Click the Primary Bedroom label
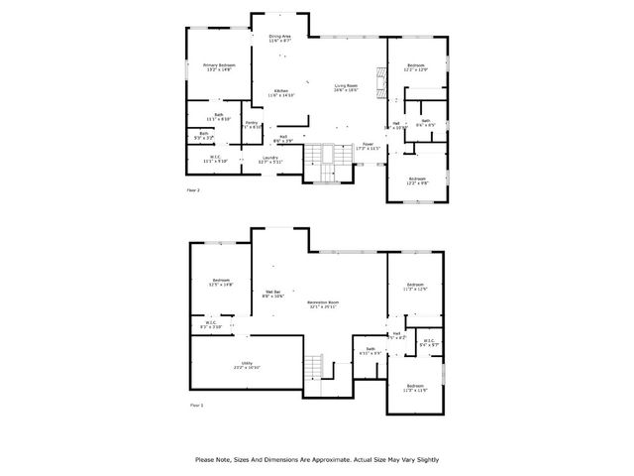click(218, 66)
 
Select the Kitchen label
click(281, 92)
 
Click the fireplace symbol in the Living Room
click(377, 78)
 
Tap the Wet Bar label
click(272, 294)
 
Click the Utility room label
click(247, 364)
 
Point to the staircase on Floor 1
click(315, 367)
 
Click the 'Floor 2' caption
click(193, 189)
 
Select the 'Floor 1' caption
click(195, 405)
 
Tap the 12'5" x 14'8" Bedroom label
click(221, 282)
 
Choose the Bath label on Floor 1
click(370, 350)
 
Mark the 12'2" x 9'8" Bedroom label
click(417, 180)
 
